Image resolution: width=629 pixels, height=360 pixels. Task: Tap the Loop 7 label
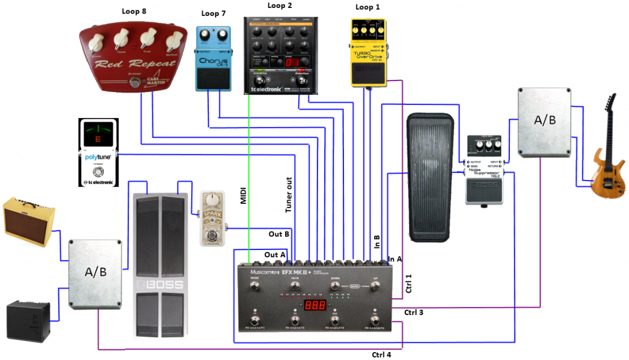(x=213, y=14)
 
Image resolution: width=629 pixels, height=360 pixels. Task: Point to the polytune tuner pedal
(x=96, y=154)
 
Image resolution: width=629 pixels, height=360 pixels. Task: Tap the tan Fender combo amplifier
(x=29, y=219)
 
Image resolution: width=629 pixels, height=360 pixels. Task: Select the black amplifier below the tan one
(x=27, y=319)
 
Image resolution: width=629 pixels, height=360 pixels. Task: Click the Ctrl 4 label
(x=381, y=354)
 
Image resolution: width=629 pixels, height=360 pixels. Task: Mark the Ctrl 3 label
(x=413, y=313)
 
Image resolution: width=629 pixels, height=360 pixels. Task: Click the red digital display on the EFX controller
(x=315, y=306)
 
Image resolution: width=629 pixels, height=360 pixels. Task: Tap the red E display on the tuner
(x=96, y=139)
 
